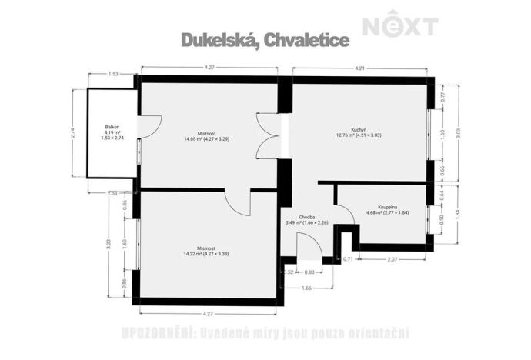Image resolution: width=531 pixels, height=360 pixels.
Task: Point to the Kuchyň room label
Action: (358, 129)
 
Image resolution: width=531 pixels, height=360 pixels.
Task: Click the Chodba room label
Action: (307, 218)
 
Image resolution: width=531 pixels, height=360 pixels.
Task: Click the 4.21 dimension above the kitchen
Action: (358, 69)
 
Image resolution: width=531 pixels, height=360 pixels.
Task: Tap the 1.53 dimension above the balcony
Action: (112, 74)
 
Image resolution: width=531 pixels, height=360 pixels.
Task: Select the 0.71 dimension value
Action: (348, 259)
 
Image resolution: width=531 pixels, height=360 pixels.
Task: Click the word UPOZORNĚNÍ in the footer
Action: (157, 333)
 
